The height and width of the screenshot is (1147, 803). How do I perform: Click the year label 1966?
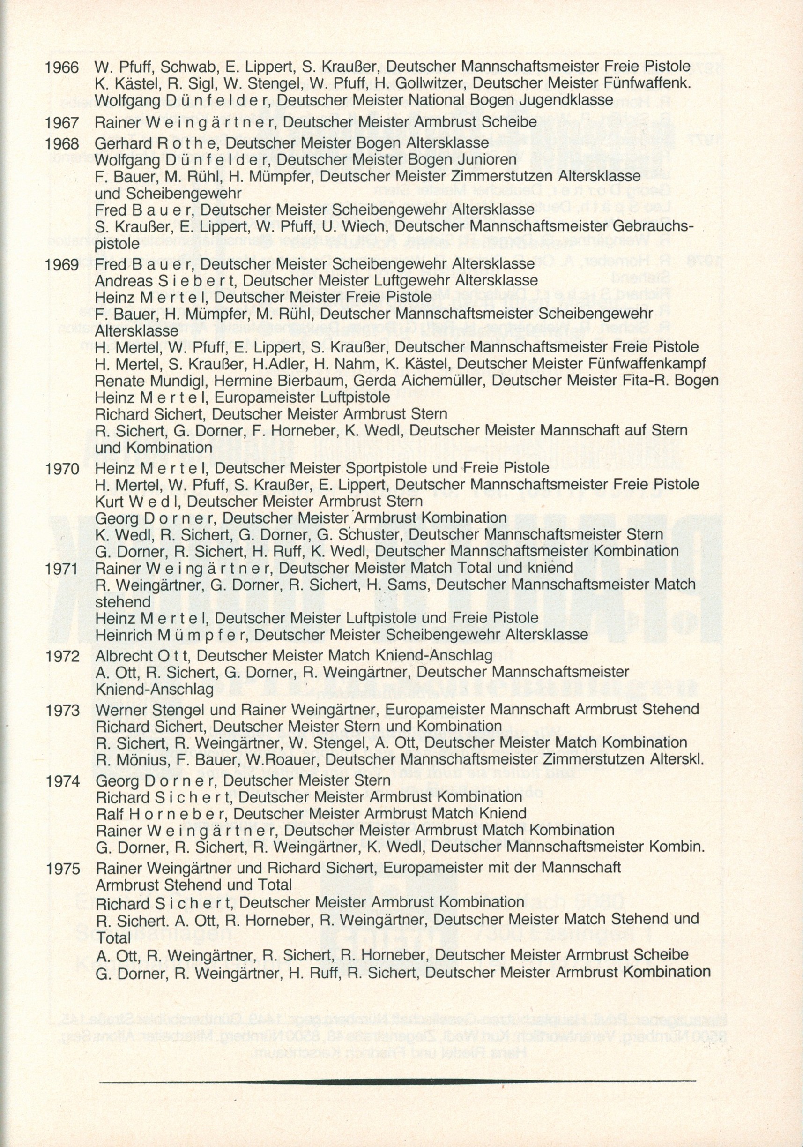tap(62, 67)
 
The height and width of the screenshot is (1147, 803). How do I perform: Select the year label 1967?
tap(62, 122)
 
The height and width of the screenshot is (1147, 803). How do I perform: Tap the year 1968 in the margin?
tap(62, 144)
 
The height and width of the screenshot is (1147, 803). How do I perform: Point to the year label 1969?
tap(62, 264)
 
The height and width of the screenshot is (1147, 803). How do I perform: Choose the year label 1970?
tap(62, 469)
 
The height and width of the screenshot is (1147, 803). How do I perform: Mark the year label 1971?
tap(62, 569)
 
